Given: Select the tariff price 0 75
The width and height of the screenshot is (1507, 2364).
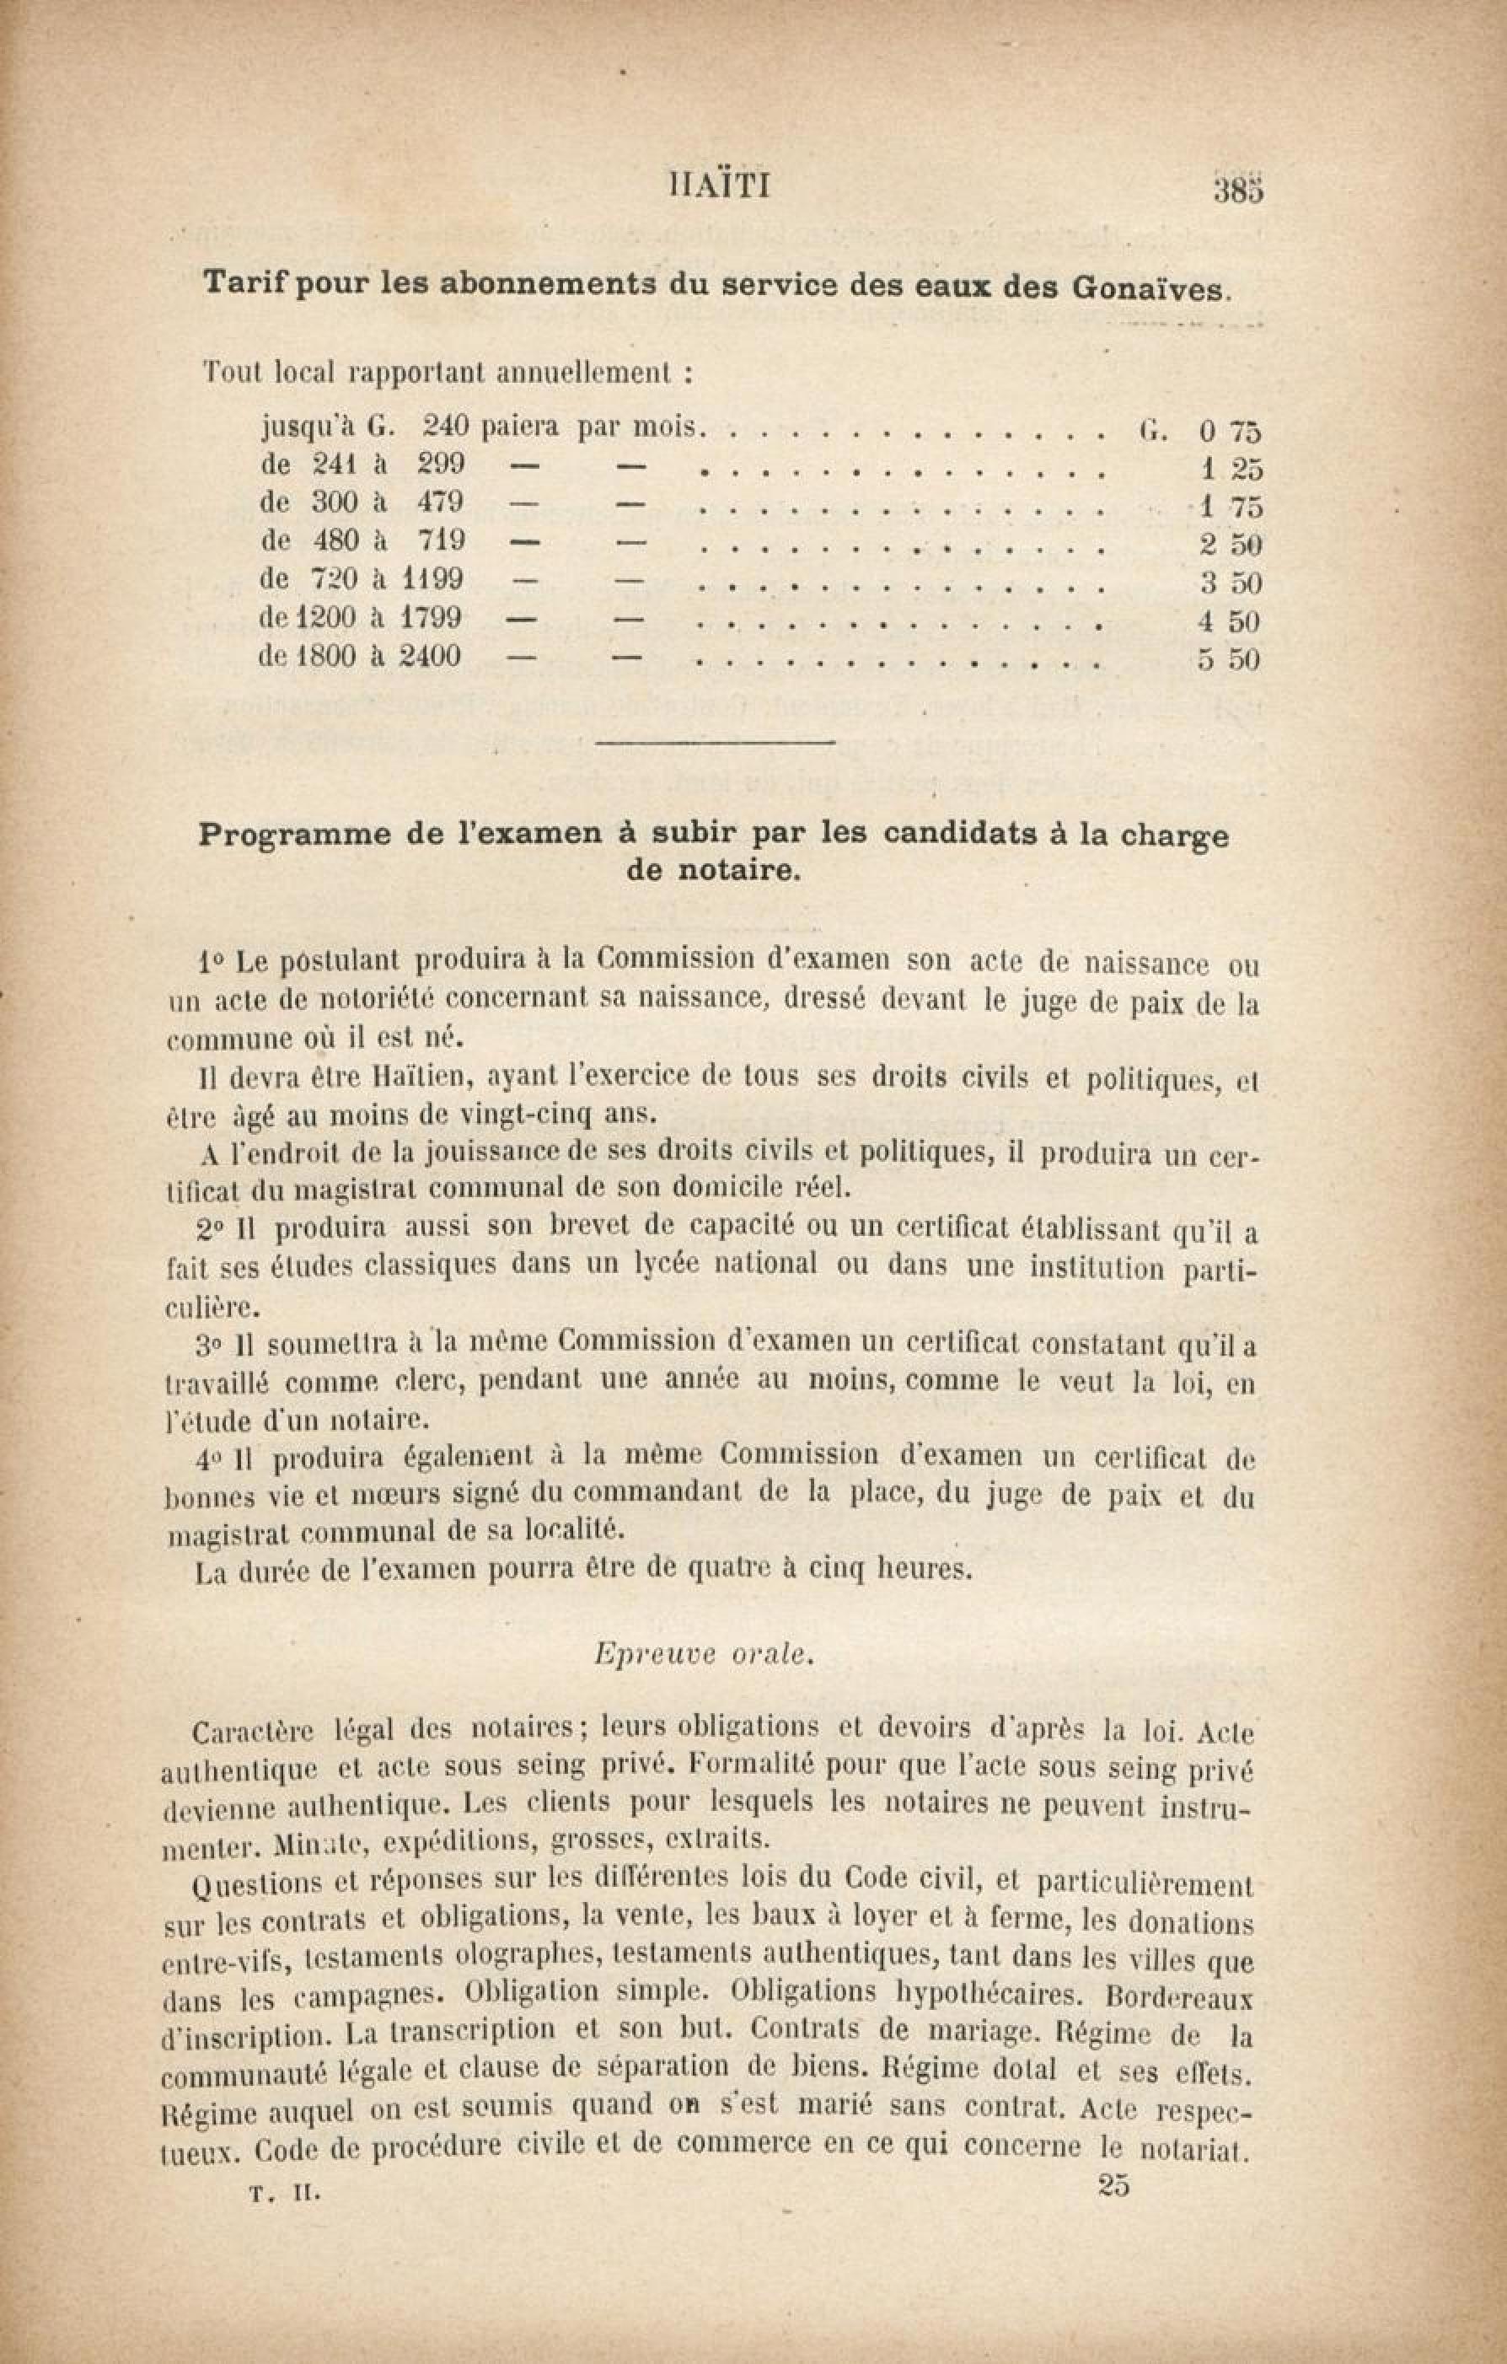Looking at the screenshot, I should tap(1228, 431).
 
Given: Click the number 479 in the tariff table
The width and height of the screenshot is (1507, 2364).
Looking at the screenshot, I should tap(440, 502).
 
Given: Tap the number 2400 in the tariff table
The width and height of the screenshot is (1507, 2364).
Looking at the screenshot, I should tap(429, 656).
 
